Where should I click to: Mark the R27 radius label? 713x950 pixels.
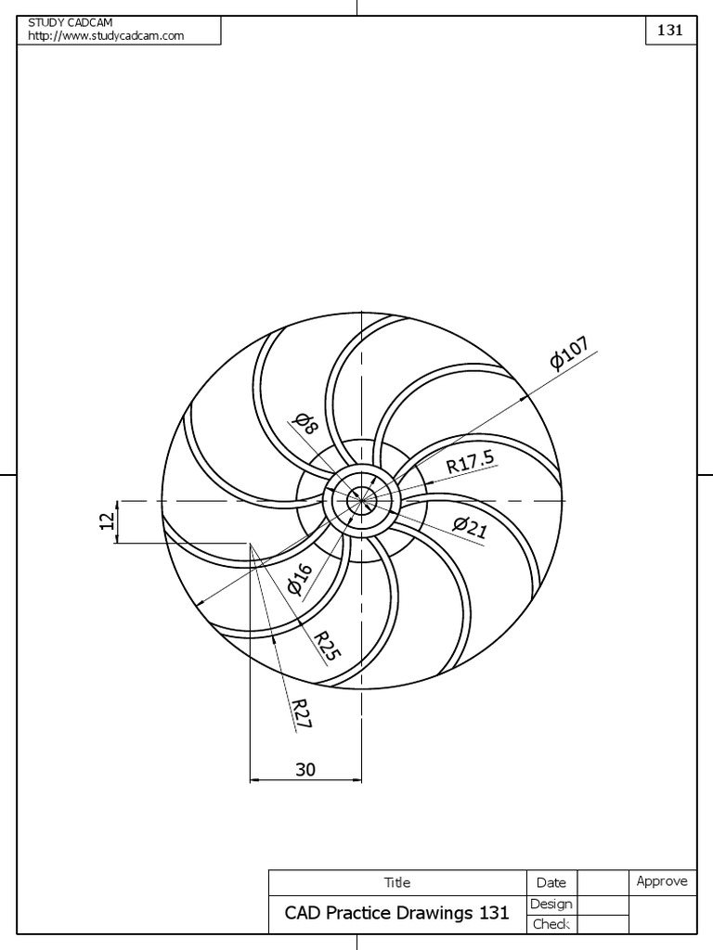(302, 712)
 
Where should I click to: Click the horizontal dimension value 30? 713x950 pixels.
(305, 769)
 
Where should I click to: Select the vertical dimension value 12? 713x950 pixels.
(108, 521)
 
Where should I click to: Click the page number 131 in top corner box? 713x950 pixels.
(670, 30)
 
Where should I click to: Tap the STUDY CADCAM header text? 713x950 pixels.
(70, 22)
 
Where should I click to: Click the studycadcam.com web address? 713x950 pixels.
(106, 35)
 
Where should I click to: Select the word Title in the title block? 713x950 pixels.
(396, 882)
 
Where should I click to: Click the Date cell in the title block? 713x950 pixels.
(551, 882)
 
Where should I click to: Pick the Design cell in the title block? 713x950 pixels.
(551, 904)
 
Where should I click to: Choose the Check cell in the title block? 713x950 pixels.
(551, 924)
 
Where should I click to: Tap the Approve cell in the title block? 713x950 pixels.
(661, 881)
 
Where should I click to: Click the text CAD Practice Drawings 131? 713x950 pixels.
(396, 913)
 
